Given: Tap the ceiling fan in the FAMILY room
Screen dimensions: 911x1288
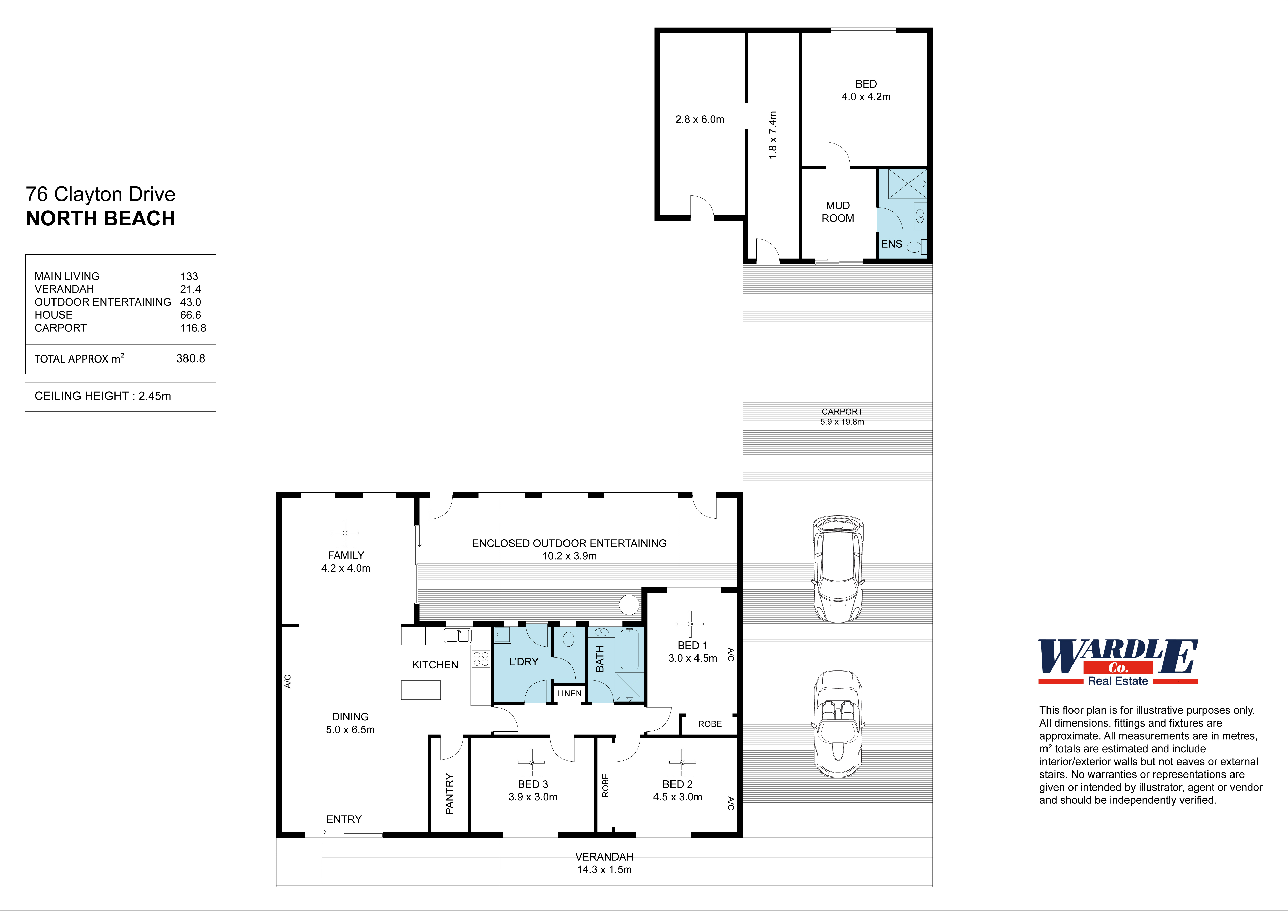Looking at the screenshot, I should pyautogui.click(x=345, y=533).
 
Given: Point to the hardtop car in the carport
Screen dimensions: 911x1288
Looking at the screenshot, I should pyautogui.click(x=838, y=569).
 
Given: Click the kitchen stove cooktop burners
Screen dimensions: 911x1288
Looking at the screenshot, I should pyautogui.click(x=481, y=659).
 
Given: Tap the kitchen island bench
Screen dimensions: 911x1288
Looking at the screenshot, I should pyautogui.click(x=421, y=689).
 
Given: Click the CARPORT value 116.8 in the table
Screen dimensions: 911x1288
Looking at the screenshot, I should pyautogui.click(x=193, y=328).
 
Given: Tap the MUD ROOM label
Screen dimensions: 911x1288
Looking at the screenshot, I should pyautogui.click(x=838, y=212).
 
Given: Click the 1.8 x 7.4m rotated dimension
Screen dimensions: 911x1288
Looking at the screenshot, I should pyautogui.click(x=772, y=135).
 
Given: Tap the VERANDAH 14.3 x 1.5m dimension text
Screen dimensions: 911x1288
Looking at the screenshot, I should pyautogui.click(x=604, y=870).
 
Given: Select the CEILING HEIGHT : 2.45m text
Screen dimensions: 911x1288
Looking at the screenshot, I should pyautogui.click(x=103, y=396).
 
